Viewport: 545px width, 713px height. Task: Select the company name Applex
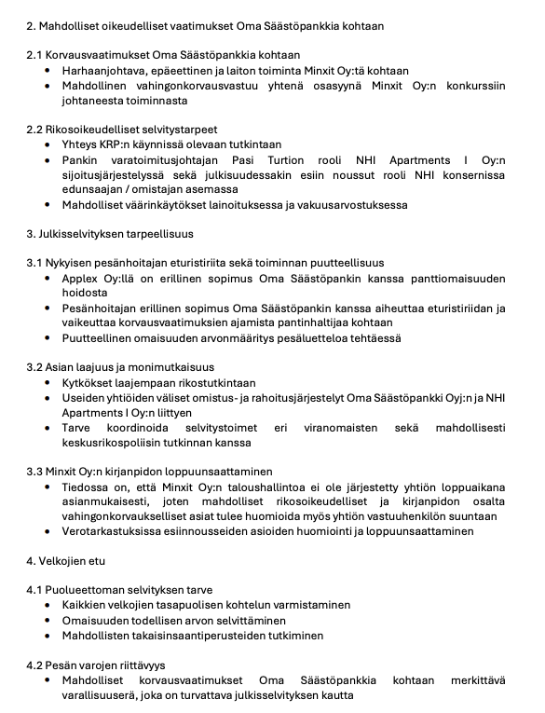coord(80,278)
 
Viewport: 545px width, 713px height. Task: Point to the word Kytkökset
coord(90,382)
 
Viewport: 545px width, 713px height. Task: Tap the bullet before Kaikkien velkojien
coord(48,605)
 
